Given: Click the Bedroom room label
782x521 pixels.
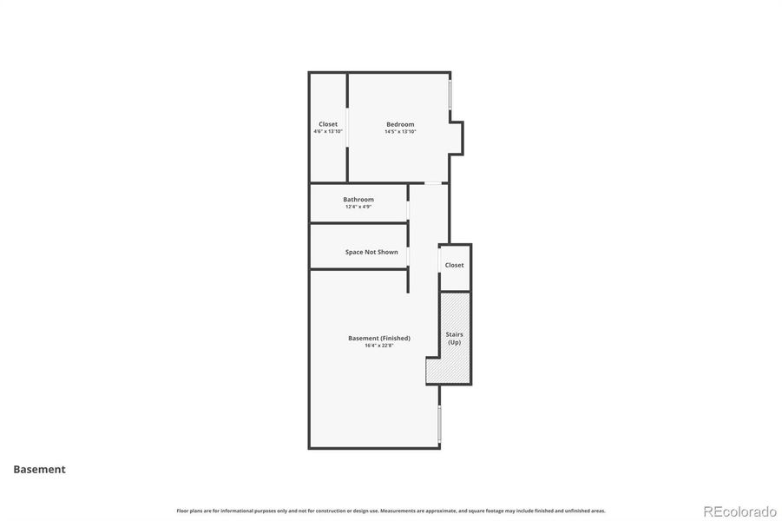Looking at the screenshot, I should coord(400,124).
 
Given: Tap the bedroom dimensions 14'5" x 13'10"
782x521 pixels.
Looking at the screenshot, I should coord(400,132).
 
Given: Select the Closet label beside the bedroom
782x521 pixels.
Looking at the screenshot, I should coord(328,124).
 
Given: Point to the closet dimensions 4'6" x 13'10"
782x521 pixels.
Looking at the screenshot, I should coord(328,132).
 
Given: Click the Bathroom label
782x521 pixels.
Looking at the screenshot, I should coord(358,199).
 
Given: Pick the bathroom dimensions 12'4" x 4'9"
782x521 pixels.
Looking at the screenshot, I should coord(358,207).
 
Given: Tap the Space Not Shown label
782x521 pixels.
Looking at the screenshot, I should coord(371,252).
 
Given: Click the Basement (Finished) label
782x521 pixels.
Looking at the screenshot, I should coord(379,338).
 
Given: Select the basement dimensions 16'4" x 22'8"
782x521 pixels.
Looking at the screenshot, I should coord(379,346).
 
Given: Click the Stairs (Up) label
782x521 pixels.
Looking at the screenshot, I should coord(455,338).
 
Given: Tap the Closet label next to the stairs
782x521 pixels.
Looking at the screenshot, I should coord(455,265).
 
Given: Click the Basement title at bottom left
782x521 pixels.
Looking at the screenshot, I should coord(39,470).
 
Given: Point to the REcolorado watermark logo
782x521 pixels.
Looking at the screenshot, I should coord(739,511).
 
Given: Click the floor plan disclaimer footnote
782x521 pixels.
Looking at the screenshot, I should coord(391,511).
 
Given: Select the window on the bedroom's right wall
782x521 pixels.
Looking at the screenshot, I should coord(450,95).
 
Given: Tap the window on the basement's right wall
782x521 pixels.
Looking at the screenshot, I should coord(439,423).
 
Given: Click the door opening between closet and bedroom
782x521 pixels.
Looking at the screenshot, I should coord(348,128).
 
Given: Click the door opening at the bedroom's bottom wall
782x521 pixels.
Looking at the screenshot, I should coord(431,182).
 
